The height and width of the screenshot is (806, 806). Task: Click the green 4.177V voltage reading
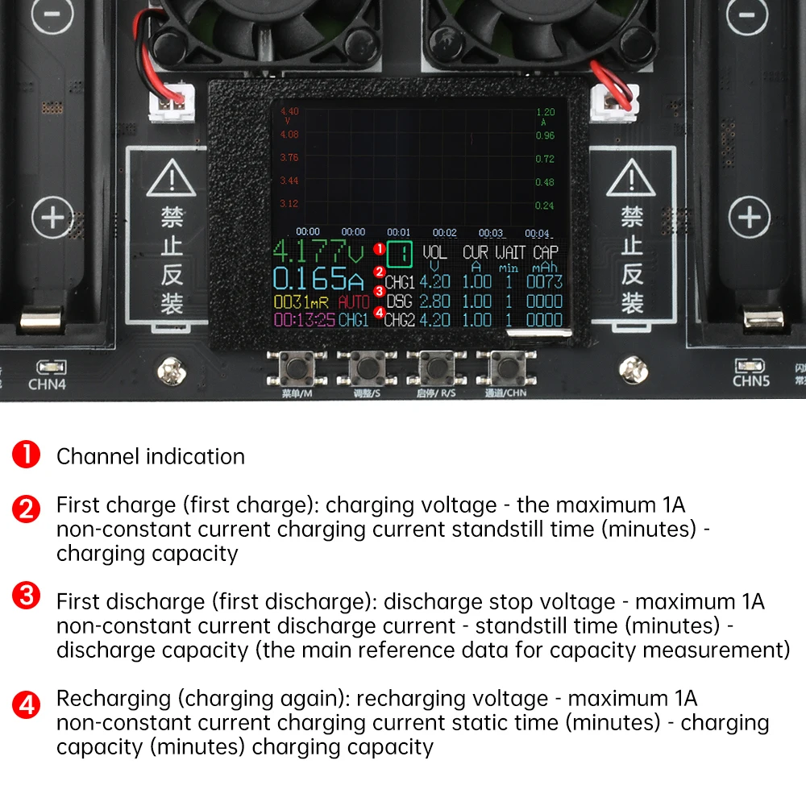(x=319, y=251)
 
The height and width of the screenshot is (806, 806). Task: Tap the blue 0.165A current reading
(x=319, y=279)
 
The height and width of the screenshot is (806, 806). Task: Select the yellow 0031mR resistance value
(x=302, y=302)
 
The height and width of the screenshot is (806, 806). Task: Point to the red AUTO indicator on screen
(x=354, y=302)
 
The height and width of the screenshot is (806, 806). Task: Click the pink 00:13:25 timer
(x=304, y=320)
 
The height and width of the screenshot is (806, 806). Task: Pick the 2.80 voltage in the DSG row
(x=435, y=301)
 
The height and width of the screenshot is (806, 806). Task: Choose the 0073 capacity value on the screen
(x=544, y=283)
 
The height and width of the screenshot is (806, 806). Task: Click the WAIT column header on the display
(x=509, y=252)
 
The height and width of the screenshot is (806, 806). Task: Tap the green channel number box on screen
(x=400, y=255)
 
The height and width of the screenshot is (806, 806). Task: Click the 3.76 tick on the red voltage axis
(x=289, y=158)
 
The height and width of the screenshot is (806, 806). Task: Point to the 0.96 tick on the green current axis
(x=546, y=135)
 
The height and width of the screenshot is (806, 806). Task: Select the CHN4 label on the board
(x=47, y=384)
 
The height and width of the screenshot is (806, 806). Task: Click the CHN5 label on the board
(x=751, y=380)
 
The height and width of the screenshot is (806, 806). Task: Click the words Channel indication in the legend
(x=151, y=456)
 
